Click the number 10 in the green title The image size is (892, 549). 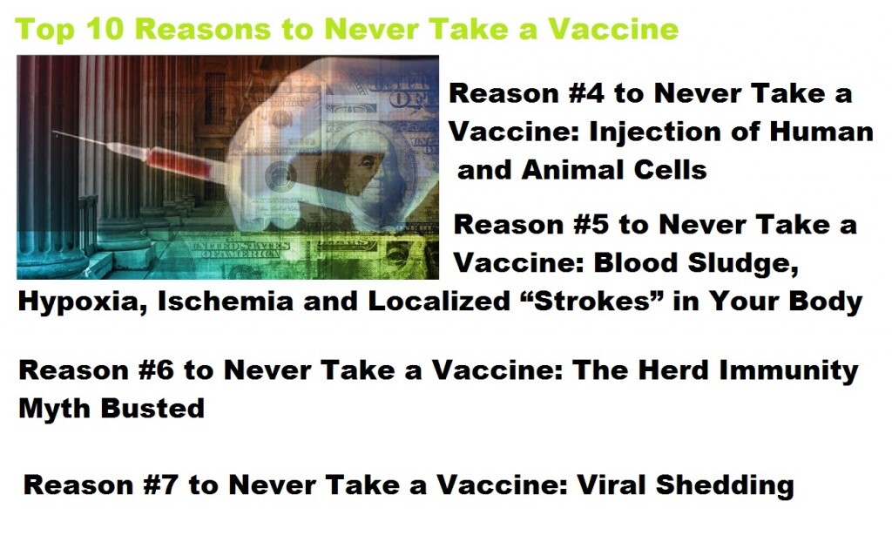point(105,29)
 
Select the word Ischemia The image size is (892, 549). point(225,301)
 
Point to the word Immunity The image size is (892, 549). point(788,371)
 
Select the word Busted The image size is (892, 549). point(152,408)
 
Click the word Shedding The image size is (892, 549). point(725,486)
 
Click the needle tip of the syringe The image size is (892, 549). point(55,134)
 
